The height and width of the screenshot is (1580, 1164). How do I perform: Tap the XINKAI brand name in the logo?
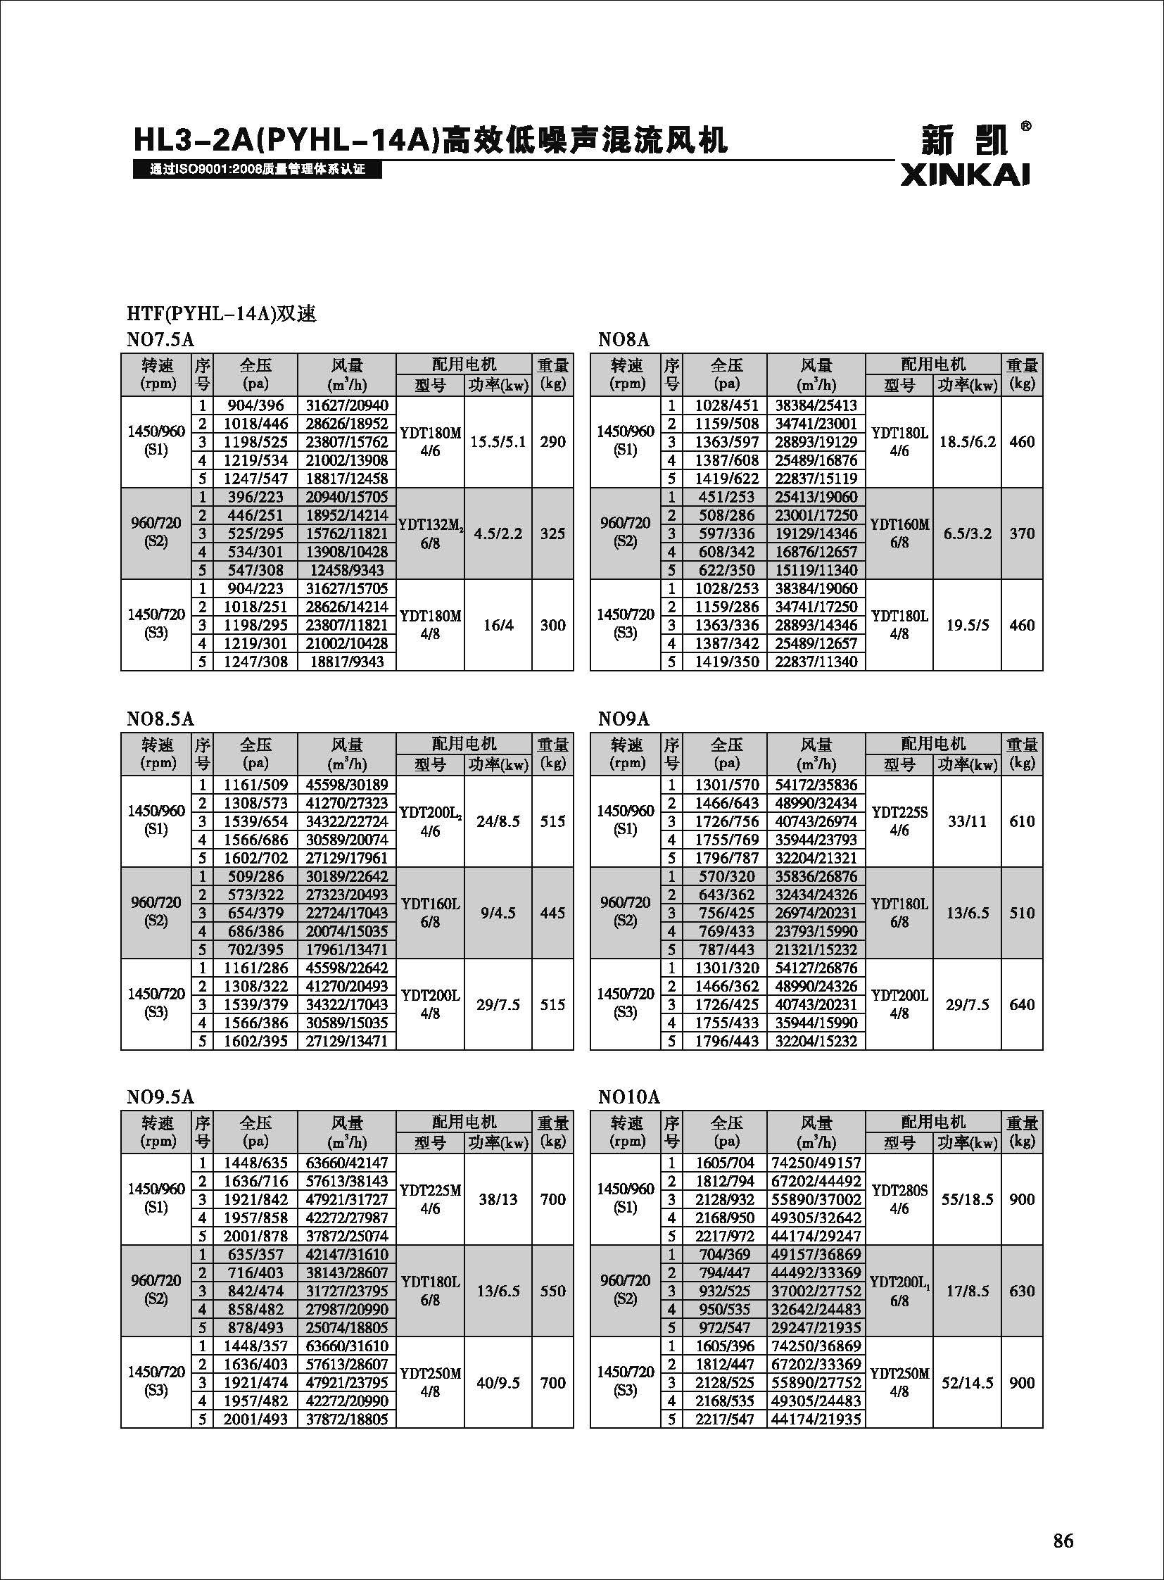click(x=965, y=175)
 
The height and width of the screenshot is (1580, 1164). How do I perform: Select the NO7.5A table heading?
click(x=160, y=340)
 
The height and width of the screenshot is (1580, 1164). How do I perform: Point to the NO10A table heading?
click(x=628, y=1096)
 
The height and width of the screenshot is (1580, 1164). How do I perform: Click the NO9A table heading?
click(x=624, y=719)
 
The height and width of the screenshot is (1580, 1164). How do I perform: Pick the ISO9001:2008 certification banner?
click(x=257, y=170)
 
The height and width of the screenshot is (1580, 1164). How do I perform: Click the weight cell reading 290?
click(x=552, y=442)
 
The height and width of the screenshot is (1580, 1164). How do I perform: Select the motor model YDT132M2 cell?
click(x=430, y=533)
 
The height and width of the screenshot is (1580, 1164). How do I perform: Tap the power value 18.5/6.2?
click(x=968, y=442)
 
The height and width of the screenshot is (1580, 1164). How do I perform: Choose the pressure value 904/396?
click(x=255, y=405)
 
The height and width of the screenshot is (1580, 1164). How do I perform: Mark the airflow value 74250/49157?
click(x=816, y=1163)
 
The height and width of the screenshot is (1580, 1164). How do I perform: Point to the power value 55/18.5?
click(x=968, y=1199)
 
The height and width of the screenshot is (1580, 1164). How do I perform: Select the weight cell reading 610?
click(x=1022, y=821)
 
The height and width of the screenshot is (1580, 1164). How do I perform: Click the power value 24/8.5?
click(x=498, y=821)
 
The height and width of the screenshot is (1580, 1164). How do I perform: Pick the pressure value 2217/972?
click(x=726, y=1236)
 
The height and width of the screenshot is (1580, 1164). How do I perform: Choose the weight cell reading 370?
click(x=1022, y=533)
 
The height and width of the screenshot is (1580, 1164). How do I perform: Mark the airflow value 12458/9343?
click(x=346, y=570)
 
